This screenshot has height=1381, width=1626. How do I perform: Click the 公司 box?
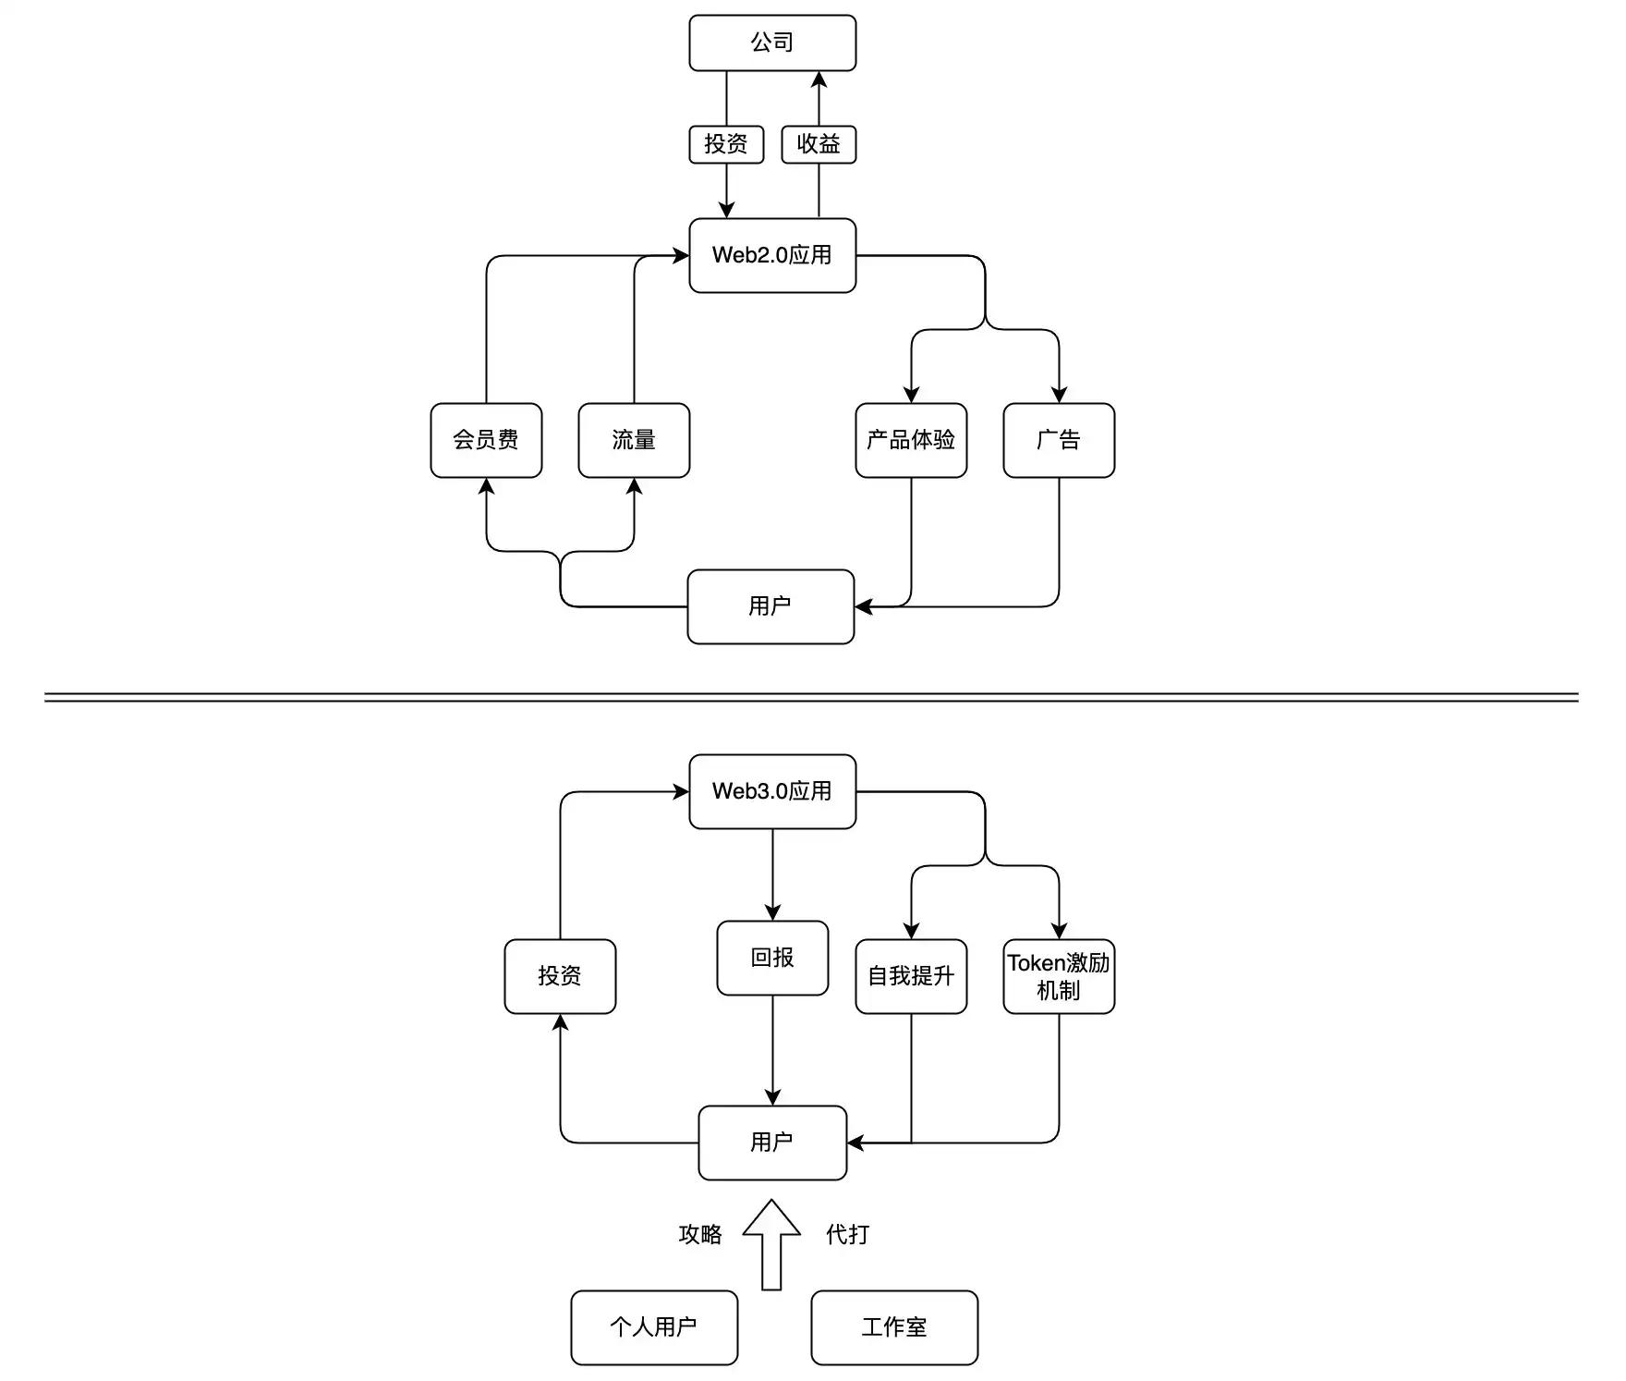click(x=772, y=43)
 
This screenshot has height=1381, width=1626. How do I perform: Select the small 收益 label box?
click(x=819, y=144)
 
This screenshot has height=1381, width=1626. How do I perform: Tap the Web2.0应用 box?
click(x=772, y=255)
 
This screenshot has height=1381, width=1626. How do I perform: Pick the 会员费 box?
click(x=486, y=440)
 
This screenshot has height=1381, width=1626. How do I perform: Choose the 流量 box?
click(x=634, y=440)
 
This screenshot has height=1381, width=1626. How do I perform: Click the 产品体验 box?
click(x=911, y=440)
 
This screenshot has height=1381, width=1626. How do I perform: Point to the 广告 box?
click(x=1059, y=440)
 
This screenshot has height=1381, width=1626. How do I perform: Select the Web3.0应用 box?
click(x=772, y=791)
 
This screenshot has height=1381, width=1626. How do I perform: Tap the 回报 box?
click(x=772, y=958)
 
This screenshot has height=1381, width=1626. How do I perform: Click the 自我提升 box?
click(x=911, y=976)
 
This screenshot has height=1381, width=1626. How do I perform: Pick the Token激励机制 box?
click(x=1059, y=976)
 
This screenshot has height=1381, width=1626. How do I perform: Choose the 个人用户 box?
click(x=654, y=1327)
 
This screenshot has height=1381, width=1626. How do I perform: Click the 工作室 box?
click(x=894, y=1327)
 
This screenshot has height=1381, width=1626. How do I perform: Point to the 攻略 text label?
click(x=700, y=1234)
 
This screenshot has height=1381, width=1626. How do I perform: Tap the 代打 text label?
click(x=847, y=1234)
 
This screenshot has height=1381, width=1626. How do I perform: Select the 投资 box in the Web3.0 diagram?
click(x=560, y=976)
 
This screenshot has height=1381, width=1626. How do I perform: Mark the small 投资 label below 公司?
click(x=726, y=144)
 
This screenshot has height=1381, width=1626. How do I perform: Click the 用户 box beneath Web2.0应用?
click(x=771, y=606)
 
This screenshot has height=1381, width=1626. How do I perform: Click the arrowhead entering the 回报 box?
click(x=772, y=912)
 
